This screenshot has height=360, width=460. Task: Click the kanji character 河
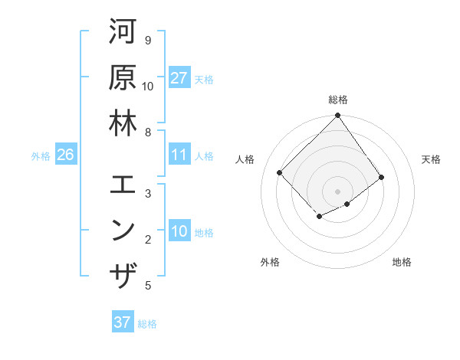123,32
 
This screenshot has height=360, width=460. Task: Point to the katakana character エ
123,185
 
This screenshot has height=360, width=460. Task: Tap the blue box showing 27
179,77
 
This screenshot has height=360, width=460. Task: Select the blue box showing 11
179,155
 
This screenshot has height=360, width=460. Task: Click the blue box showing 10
179,231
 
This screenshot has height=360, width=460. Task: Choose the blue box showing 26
65,155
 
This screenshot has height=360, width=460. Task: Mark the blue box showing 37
123,322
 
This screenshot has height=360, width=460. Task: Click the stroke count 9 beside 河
147,40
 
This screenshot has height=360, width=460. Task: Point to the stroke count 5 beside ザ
147,286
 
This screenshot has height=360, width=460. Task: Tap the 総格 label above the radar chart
338,100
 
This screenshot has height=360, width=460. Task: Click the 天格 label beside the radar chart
432,159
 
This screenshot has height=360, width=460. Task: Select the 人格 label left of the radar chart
245,159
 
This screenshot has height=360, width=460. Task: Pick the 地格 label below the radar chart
402,262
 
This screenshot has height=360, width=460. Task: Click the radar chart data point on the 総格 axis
337,116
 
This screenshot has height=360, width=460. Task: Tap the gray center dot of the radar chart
337,191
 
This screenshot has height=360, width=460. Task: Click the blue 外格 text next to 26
41,155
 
